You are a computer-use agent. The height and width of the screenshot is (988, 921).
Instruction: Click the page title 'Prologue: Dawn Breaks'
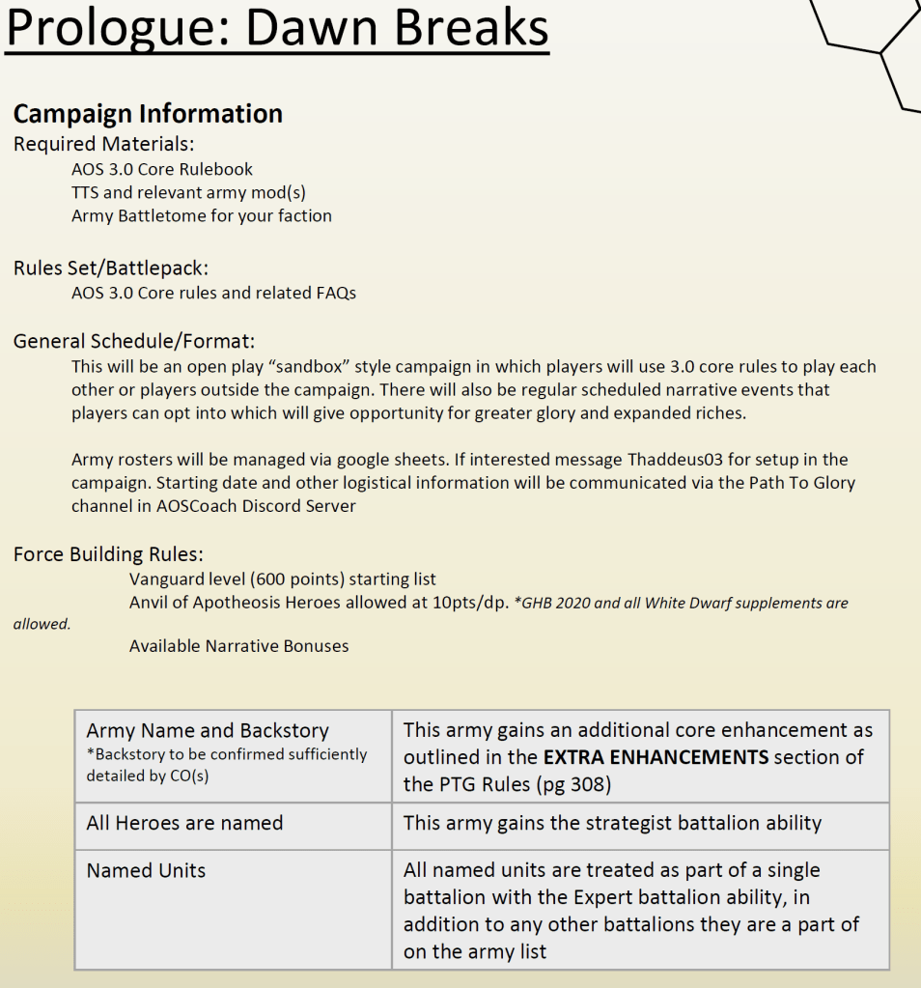[x=277, y=30]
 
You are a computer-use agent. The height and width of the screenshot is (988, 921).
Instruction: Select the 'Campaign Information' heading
[x=148, y=114]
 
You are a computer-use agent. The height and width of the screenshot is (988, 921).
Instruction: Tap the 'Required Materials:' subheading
[x=103, y=144]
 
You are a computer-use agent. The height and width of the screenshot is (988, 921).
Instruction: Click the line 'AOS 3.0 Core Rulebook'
[x=162, y=169]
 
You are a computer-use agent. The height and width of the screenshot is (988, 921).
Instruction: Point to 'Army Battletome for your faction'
[x=202, y=215]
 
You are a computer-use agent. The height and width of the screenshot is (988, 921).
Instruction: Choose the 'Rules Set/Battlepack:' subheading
[x=111, y=268]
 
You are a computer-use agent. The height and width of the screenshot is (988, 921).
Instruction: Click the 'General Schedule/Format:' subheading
[x=133, y=341]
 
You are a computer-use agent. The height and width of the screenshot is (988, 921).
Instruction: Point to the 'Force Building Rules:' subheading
[x=108, y=554]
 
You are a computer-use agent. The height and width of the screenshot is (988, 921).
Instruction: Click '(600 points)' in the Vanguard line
[x=293, y=579]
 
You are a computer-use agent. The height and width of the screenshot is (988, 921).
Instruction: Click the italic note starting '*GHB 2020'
[x=681, y=603]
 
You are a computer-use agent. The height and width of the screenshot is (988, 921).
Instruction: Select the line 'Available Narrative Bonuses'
[x=239, y=645]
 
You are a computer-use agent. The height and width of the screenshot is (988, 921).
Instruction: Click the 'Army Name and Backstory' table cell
[x=208, y=731]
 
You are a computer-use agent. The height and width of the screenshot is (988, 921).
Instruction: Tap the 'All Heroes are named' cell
[x=184, y=823]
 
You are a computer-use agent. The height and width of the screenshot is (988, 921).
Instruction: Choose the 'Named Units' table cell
[x=146, y=870]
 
